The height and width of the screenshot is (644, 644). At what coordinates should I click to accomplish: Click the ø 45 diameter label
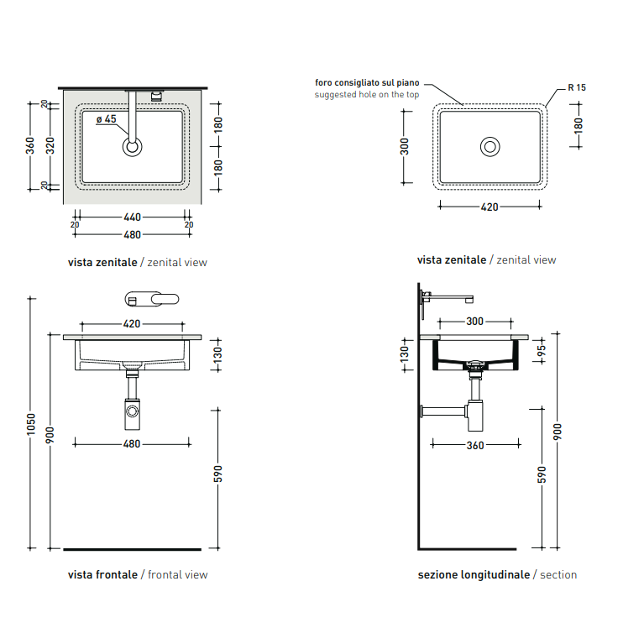(x=107, y=119)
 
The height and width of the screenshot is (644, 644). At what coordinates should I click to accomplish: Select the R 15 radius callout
(x=577, y=87)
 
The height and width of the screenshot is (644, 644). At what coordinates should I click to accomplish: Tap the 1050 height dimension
(x=31, y=424)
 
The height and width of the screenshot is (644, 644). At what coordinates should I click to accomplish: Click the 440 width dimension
(x=133, y=217)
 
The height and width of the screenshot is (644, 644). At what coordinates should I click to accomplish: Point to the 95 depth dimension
(x=542, y=351)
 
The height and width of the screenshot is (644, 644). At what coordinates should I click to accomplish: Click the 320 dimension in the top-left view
(x=50, y=145)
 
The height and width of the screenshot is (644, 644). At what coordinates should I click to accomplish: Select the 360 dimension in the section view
(x=475, y=445)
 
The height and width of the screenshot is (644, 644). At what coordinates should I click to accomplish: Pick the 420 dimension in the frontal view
(x=132, y=323)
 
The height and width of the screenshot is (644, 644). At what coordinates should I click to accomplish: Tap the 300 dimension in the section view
(x=474, y=322)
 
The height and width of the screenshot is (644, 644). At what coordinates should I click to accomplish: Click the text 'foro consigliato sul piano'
(x=367, y=82)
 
